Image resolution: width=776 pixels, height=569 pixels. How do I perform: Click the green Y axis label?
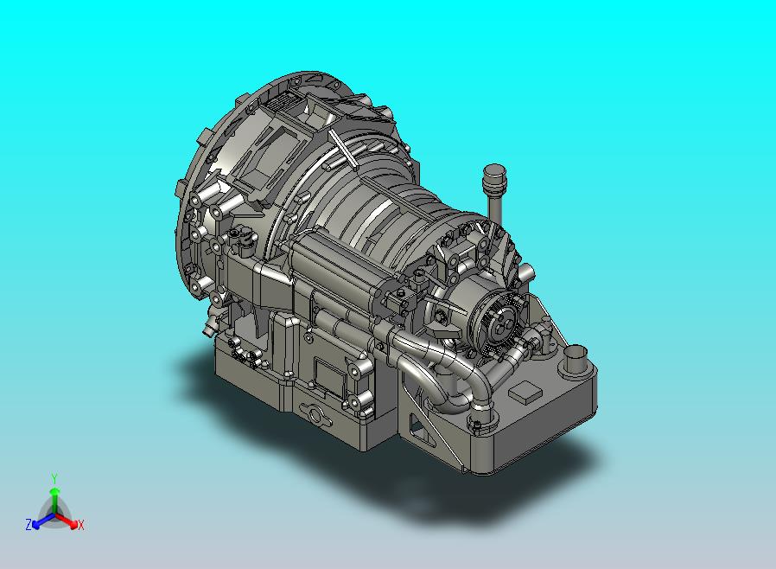(x=54, y=478)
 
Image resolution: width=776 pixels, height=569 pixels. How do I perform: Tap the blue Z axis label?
(x=29, y=524)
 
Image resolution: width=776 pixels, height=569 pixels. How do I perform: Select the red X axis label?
(x=81, y=525)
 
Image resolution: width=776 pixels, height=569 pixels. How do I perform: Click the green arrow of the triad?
(x=54, y=499)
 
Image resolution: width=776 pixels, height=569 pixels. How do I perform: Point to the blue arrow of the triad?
(x=42, y=521)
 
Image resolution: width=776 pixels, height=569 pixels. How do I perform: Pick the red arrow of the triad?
(x=67, y=520)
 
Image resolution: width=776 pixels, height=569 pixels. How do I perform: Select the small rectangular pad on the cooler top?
(x=525, y=391)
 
